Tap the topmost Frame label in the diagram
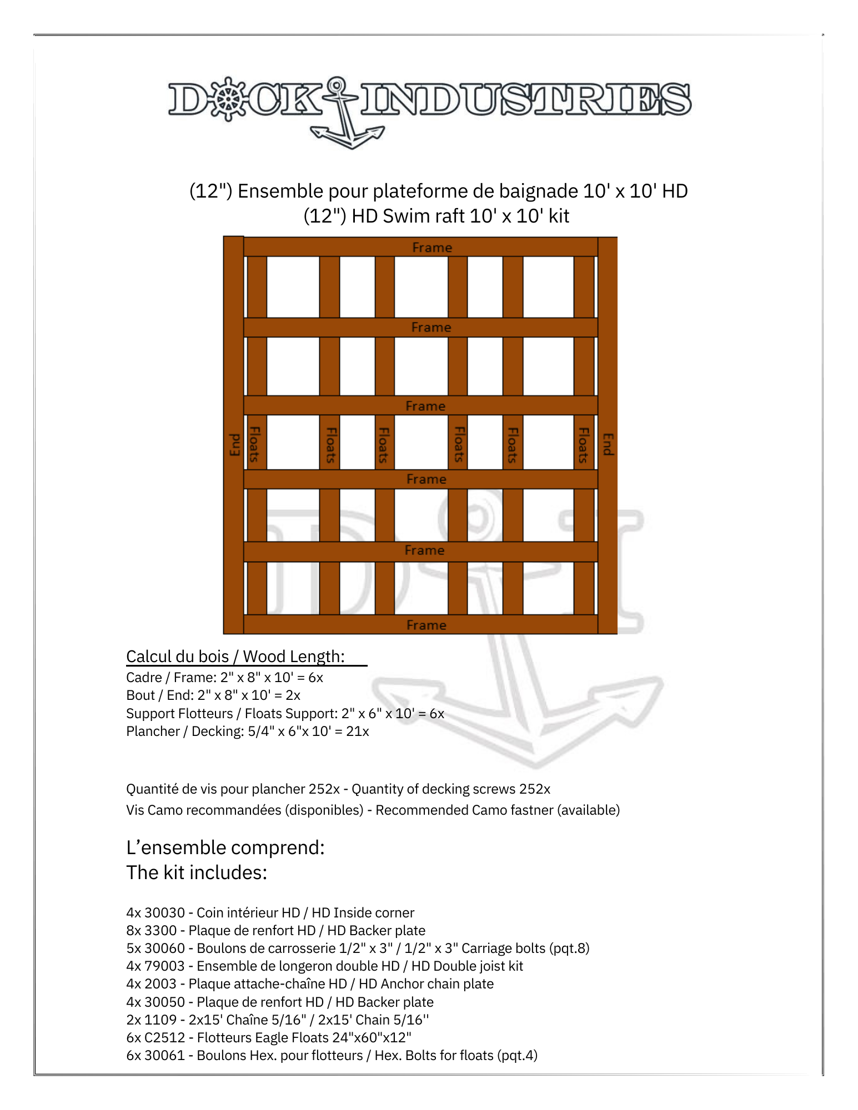click(431, 248)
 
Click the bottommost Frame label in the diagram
click(426, 625)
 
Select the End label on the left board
click(234, 445)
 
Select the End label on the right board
click(608, 444)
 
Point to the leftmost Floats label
click(255, 444)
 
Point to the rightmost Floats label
click(583, 445)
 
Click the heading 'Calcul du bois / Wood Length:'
click(235, 657)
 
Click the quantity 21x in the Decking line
click(358, 731)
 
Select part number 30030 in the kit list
click(164, 913)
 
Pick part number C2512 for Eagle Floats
click(164, 1038)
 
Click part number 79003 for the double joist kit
click(164, 966)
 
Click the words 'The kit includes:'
click(197, 873)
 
